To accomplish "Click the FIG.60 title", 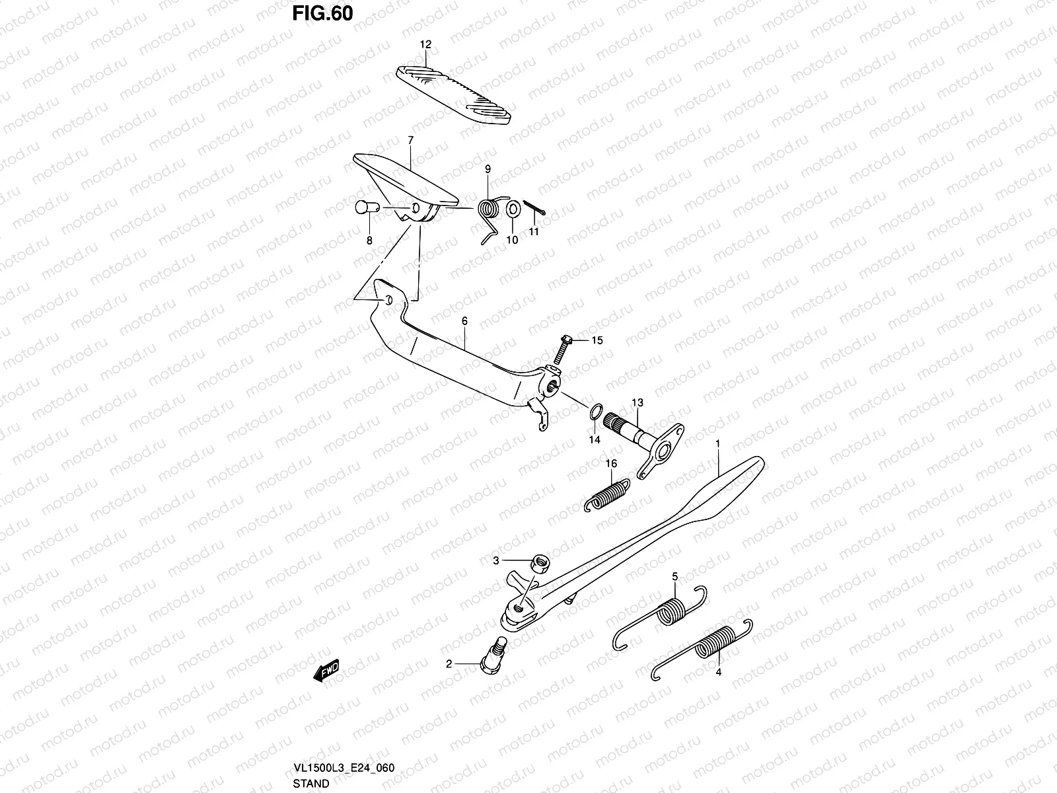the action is [322, 13].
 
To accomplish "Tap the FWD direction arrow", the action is [326, 670].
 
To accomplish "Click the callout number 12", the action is [425, 44].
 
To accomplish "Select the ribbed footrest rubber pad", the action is [453, 95].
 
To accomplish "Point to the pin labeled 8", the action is [367, 208].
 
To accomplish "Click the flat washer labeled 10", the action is [513, 209].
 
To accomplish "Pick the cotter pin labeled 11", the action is [534, 207].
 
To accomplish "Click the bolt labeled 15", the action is [562, 350].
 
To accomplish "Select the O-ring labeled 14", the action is [596, 412].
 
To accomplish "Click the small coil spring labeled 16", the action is [606, 495].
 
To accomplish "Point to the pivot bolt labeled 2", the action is [493, 656].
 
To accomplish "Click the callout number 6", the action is [464, 321].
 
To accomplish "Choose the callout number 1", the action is [717, 443].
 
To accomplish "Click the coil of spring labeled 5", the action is [671, 612].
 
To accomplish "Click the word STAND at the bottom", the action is [311, 783].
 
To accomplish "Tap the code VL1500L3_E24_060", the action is [344, 767].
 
